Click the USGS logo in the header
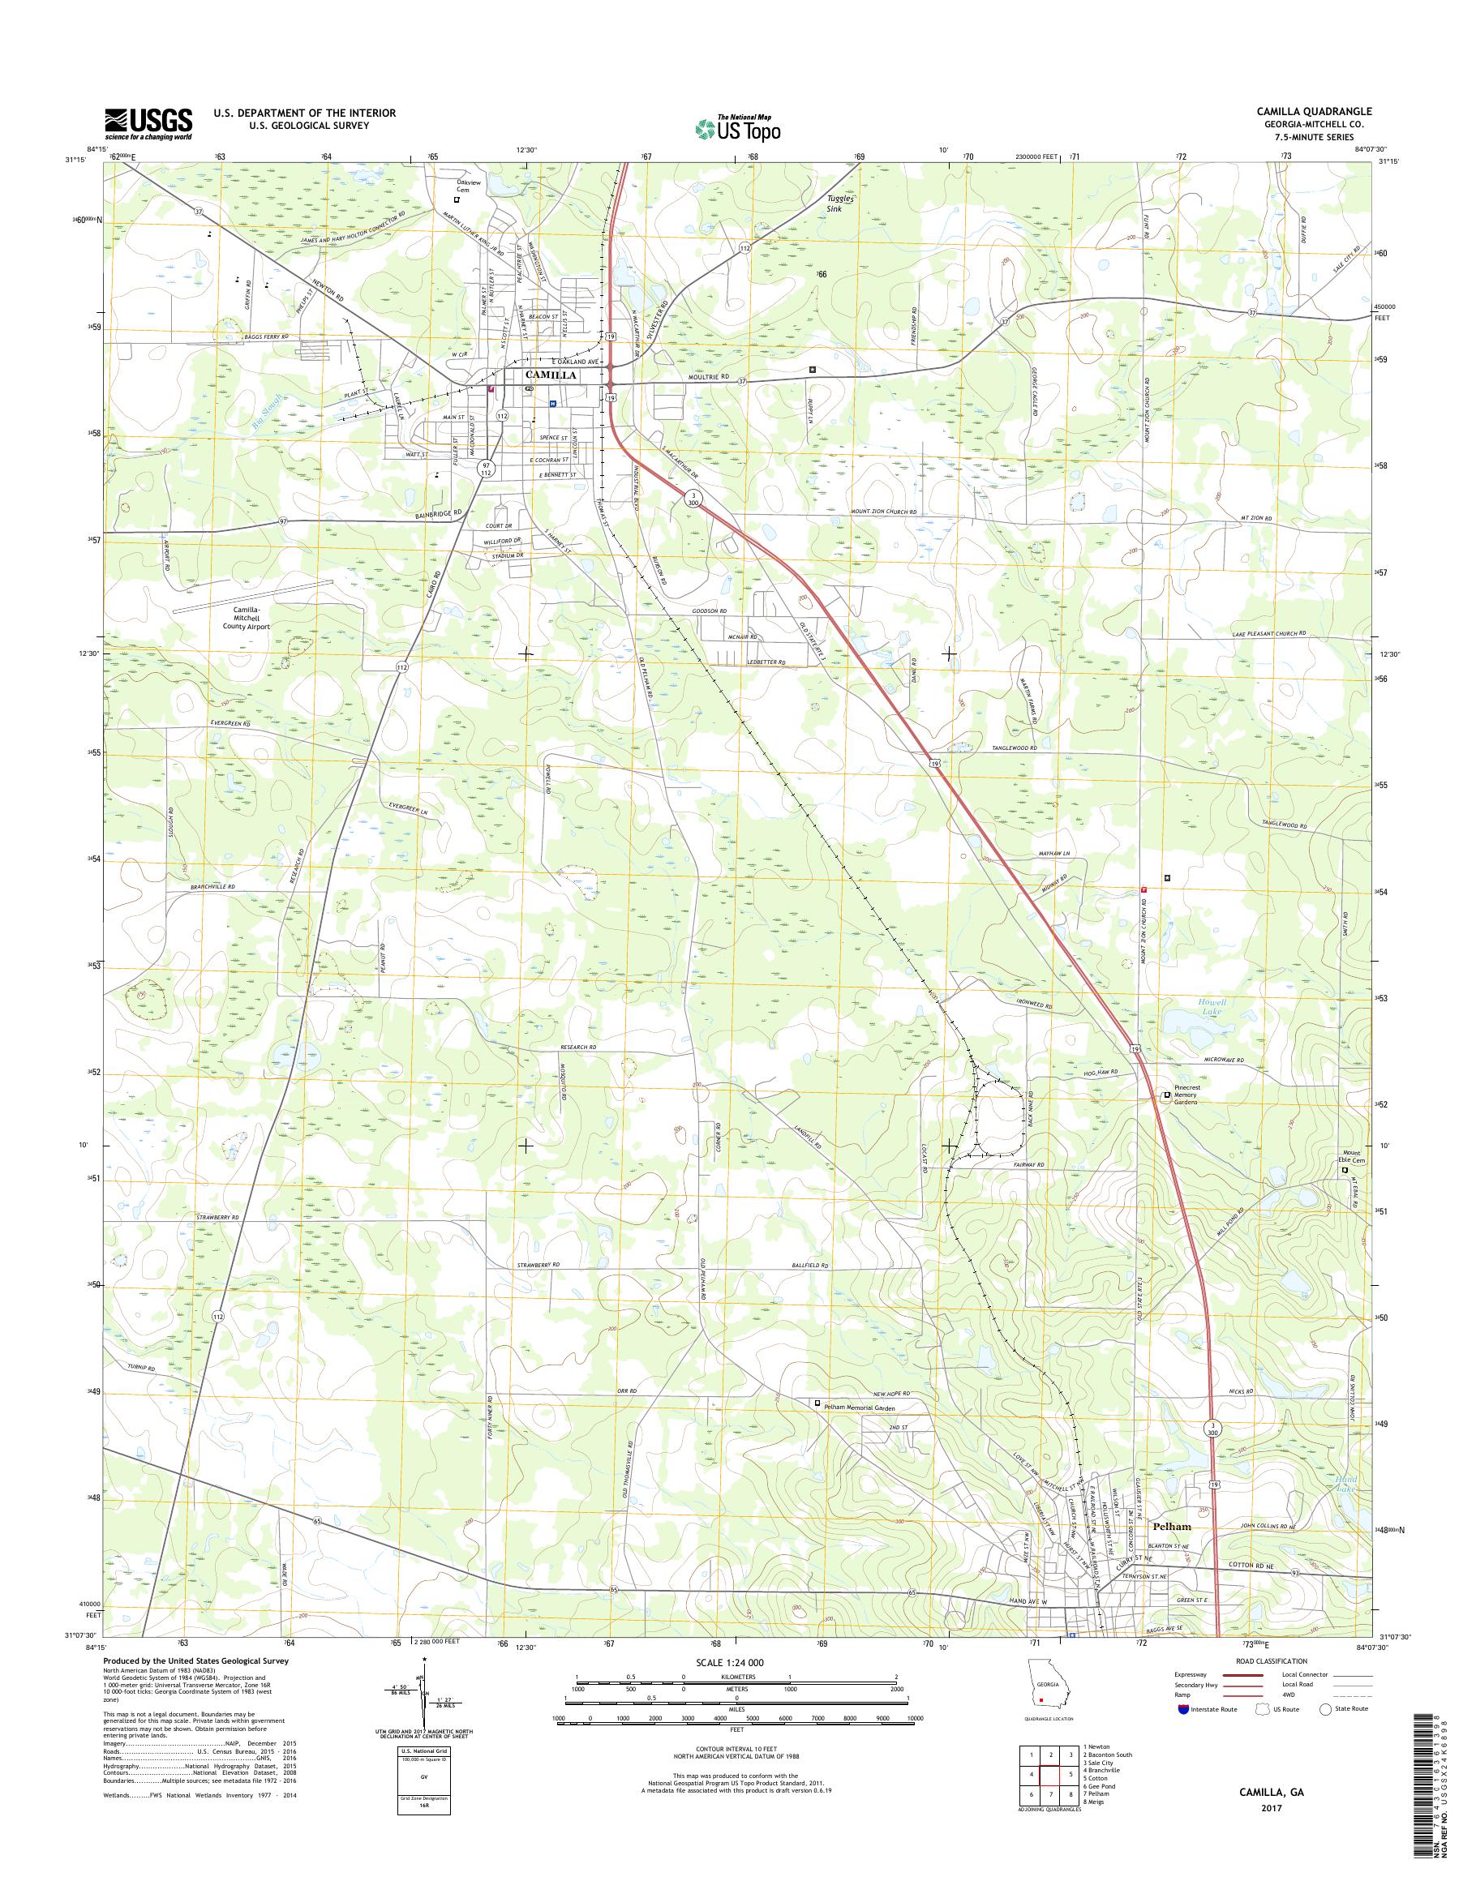(148, 123)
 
